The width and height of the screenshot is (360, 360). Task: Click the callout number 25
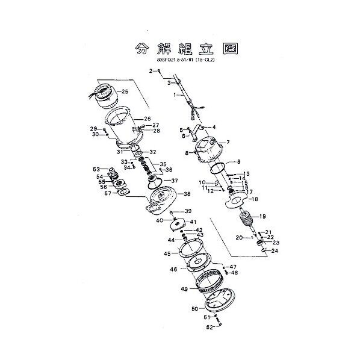pos(125,92)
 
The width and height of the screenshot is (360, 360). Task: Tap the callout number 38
pos(187,194)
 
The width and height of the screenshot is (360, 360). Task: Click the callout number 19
pos(262,216)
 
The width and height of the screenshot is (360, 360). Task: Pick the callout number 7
pos(228,143)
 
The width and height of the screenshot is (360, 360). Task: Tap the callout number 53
pos(96,169)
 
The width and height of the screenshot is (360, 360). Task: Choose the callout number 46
pos(173,269)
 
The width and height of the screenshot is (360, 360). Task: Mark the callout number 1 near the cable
pos(174,95)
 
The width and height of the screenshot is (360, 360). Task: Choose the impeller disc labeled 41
pos(179,224)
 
